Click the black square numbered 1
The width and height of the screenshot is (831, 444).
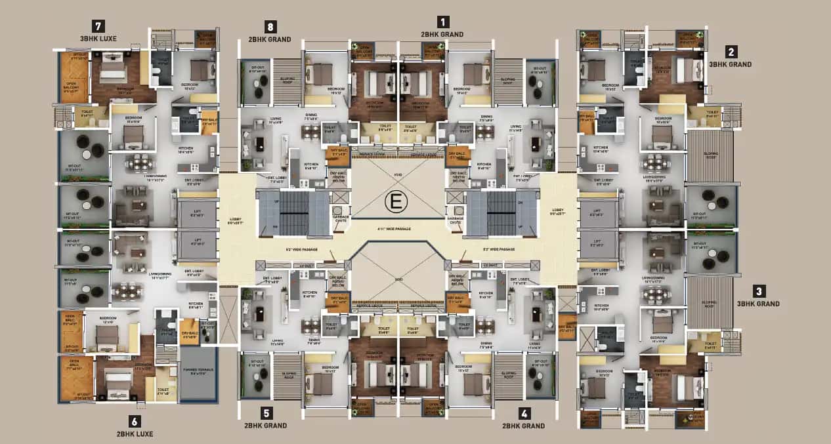(444, 22)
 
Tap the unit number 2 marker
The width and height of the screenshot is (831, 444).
(731, 52)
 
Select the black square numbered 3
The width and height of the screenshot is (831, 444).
(758, 291)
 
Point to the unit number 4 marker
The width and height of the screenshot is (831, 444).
(523, 413)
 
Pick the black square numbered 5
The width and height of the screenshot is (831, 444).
(266, 413)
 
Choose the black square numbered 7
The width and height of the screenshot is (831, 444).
(98, 26)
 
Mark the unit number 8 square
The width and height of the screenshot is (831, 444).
(269, 27)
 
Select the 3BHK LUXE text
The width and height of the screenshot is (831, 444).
(98, 39)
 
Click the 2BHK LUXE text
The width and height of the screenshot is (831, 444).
(135, 434)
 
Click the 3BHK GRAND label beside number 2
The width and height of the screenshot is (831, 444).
(730, 64)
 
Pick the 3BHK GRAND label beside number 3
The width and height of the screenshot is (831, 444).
(758, 304)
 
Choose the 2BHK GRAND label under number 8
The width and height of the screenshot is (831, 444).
(269, 39)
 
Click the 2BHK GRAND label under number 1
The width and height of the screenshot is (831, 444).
(442, 34)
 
